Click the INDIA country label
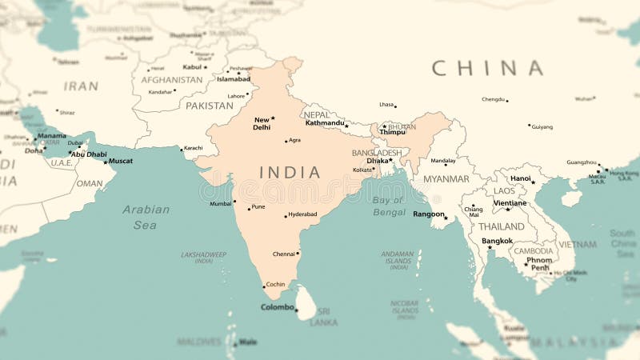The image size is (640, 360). [290, 172]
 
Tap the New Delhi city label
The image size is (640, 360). [262, 123]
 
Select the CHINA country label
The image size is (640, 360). [487, 68]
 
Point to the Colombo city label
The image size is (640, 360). [278, 307]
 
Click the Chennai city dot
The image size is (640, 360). [298, 254]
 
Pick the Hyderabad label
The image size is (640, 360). [303, 214]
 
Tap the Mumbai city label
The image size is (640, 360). [220, 204]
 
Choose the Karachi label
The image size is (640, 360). [194, 148]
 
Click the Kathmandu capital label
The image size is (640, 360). [325, 123]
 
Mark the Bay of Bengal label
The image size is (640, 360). [389, 206]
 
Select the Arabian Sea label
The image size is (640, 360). [146, 217]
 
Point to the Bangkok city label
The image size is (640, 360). [497, 241]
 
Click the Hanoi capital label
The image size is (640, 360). [521, 178]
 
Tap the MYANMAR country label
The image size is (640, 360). [446, 179]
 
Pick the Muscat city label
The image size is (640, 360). [121, 161]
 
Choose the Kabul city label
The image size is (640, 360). [192, 67]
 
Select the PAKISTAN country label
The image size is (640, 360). [210, 106]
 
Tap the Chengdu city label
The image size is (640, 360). [493, 100]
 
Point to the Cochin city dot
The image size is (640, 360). [264, 286]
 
